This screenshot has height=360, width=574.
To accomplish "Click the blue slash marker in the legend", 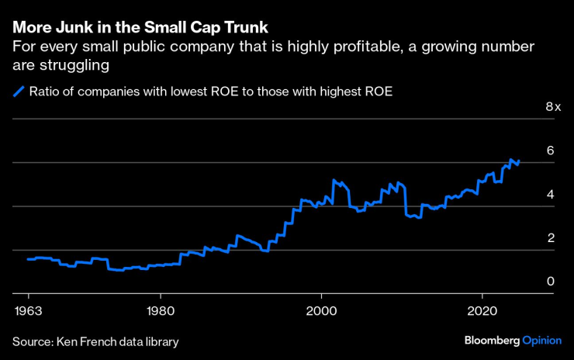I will coord(19,92).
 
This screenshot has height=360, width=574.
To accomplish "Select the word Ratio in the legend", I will coord(45,92).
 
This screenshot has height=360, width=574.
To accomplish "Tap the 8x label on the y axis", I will coord(552,106).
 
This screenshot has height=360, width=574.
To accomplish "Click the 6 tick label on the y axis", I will coord(550,151).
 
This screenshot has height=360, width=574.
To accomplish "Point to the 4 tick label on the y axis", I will coord(550,194).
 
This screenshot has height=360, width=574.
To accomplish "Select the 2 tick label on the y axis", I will coord(550,238).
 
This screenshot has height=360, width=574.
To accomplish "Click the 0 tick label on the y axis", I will coord(550,282).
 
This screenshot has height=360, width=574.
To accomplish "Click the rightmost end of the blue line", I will coord(518,163).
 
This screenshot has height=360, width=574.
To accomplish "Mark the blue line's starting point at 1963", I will coord(28,259).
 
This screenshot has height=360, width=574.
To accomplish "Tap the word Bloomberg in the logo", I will coord(491,341).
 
